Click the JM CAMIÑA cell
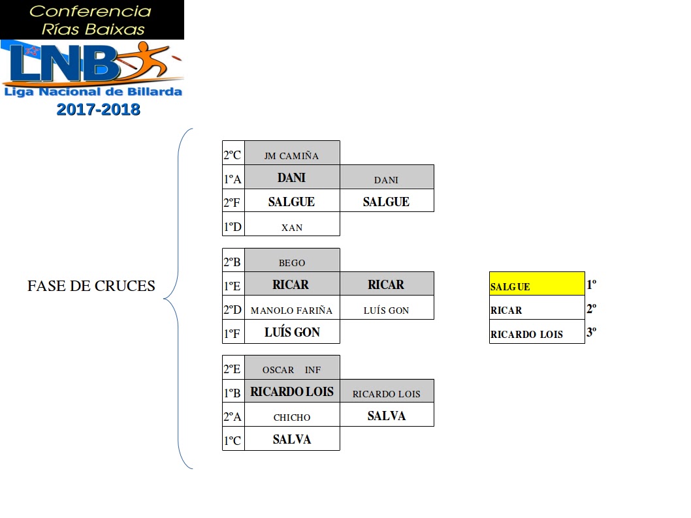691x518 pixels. (x=292, y=155)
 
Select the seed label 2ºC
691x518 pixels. (x=232, y=155)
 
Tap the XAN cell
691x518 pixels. (x=292, y=227)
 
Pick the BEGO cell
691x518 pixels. (x=292, y=263)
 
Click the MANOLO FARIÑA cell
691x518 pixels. (x=291, y=311)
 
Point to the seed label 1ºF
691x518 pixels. (x=232, y=334)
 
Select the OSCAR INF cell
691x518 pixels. (x=292, y=370)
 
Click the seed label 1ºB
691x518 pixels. (x=232, y=393)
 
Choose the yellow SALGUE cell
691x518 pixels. (x=536, y=284)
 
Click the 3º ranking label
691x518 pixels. (x=591, y=332)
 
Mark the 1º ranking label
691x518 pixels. (x=591, y=284)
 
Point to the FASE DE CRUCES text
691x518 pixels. (x=91, y=286)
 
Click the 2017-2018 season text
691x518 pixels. (x=98, y=110)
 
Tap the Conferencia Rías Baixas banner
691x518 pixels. (x=91, y=20)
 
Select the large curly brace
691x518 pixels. (x=180, y=299)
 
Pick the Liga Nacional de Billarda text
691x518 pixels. (x=93, y=92)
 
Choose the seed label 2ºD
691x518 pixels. (x=232, y=310)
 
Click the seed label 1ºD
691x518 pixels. (x=232, y=227)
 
